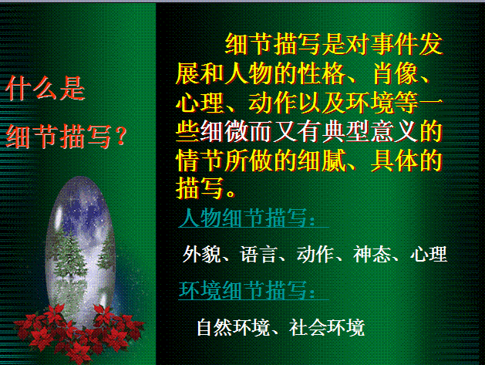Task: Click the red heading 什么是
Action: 45,88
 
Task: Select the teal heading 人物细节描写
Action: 247,218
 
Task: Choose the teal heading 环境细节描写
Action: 247,290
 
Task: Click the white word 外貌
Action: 201,254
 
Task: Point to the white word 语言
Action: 258,254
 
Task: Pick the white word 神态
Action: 372,254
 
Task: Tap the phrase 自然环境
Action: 233,327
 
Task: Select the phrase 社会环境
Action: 327,327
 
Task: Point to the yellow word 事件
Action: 395,44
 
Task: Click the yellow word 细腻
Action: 322,161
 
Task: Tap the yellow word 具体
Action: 395,161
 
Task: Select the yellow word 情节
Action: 200,161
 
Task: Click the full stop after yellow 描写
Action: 231,193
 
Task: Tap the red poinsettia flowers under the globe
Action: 79,334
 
